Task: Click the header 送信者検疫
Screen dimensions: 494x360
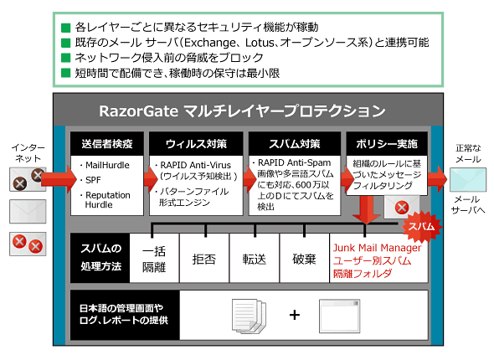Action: tap(107, 144)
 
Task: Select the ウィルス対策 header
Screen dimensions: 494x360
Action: tap(196, 144)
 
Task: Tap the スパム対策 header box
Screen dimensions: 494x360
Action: tap(295, 144)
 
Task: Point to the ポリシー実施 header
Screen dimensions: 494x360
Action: tap(387, 144)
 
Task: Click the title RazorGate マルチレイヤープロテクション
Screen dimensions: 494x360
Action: tap(242, 111)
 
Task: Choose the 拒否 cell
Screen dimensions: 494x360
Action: tap(204, 258)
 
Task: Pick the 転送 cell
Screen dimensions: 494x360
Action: tap(255, 258)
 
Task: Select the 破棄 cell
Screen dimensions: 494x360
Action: tap(304, 258)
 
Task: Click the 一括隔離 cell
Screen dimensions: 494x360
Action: tap(154, 258)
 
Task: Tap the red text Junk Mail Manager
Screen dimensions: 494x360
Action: tap(377, 248)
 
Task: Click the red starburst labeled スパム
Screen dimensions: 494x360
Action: tap(421, 226)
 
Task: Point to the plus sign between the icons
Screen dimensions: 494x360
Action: tap(295, 315)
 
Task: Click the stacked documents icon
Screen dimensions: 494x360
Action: tap(249, 316)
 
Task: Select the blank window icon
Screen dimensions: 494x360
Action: tap(339, 316)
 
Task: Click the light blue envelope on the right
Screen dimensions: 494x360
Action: tap(467, 180)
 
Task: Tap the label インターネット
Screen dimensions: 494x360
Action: tap(28, 152)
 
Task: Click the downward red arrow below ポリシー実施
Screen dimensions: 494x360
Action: tap(366, 210)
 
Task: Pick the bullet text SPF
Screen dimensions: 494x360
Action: tap(93, 180)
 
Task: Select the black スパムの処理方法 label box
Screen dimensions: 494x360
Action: tap(100, 258)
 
